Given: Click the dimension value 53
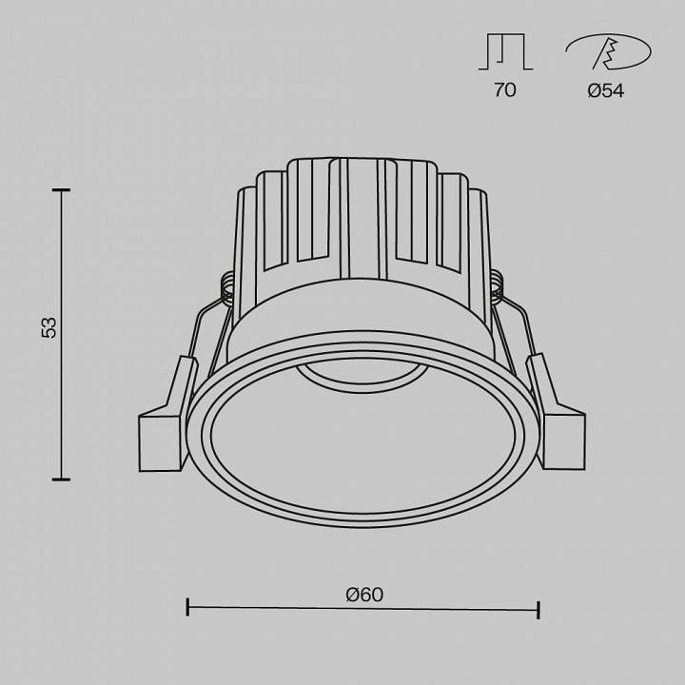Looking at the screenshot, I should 49,327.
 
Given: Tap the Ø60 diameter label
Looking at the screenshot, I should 364,595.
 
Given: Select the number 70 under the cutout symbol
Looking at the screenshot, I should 504,90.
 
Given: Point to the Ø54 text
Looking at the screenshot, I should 606,91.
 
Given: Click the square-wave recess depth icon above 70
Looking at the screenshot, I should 504,54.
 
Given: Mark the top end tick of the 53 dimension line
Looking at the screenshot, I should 62,191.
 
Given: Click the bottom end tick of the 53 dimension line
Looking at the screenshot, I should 62,479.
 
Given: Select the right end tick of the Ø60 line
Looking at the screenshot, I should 539,609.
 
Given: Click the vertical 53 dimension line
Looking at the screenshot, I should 62,400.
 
